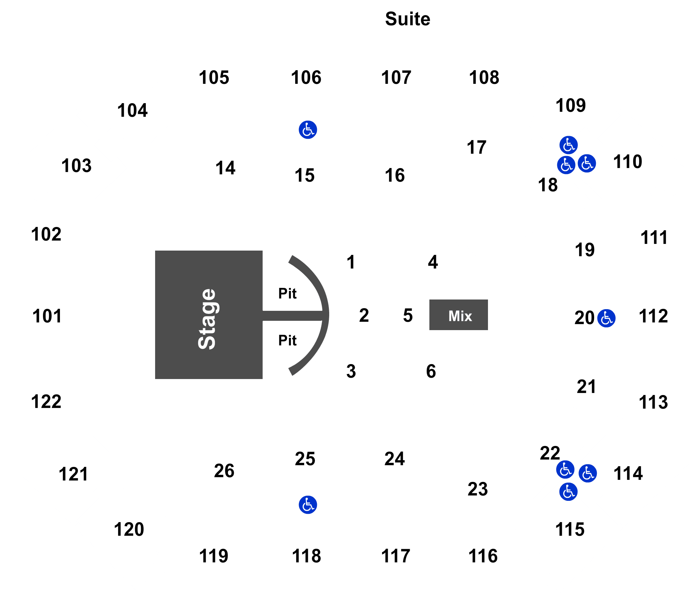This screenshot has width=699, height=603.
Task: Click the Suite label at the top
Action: [x=407, y=19]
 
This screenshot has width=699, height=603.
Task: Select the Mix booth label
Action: [x=460, y=316]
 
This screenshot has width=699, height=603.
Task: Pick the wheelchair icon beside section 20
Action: [x=606, y=318]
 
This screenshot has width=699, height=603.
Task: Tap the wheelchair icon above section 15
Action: [x=308, y=129]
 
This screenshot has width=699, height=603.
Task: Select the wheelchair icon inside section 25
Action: [x=308, y=505]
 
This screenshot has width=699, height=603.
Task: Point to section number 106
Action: [x=306, y=78]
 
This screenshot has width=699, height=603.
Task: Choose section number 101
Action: [x=47, y=316]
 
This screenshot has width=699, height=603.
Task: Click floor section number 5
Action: [x=408, y=315]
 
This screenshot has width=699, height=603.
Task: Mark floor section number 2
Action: [x=364, y=315]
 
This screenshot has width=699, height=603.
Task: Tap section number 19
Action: [x=584, y=250]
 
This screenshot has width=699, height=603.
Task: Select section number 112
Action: [x=653, y=316]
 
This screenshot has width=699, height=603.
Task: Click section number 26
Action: [x=224, y=471]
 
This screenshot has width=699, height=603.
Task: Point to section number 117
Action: [x=395, y=556]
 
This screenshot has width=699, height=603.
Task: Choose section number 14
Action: [x=225, y=168]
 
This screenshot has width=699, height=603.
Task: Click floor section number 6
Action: [x=431, y=371]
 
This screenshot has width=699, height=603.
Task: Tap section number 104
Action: [x=132, y=110]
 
